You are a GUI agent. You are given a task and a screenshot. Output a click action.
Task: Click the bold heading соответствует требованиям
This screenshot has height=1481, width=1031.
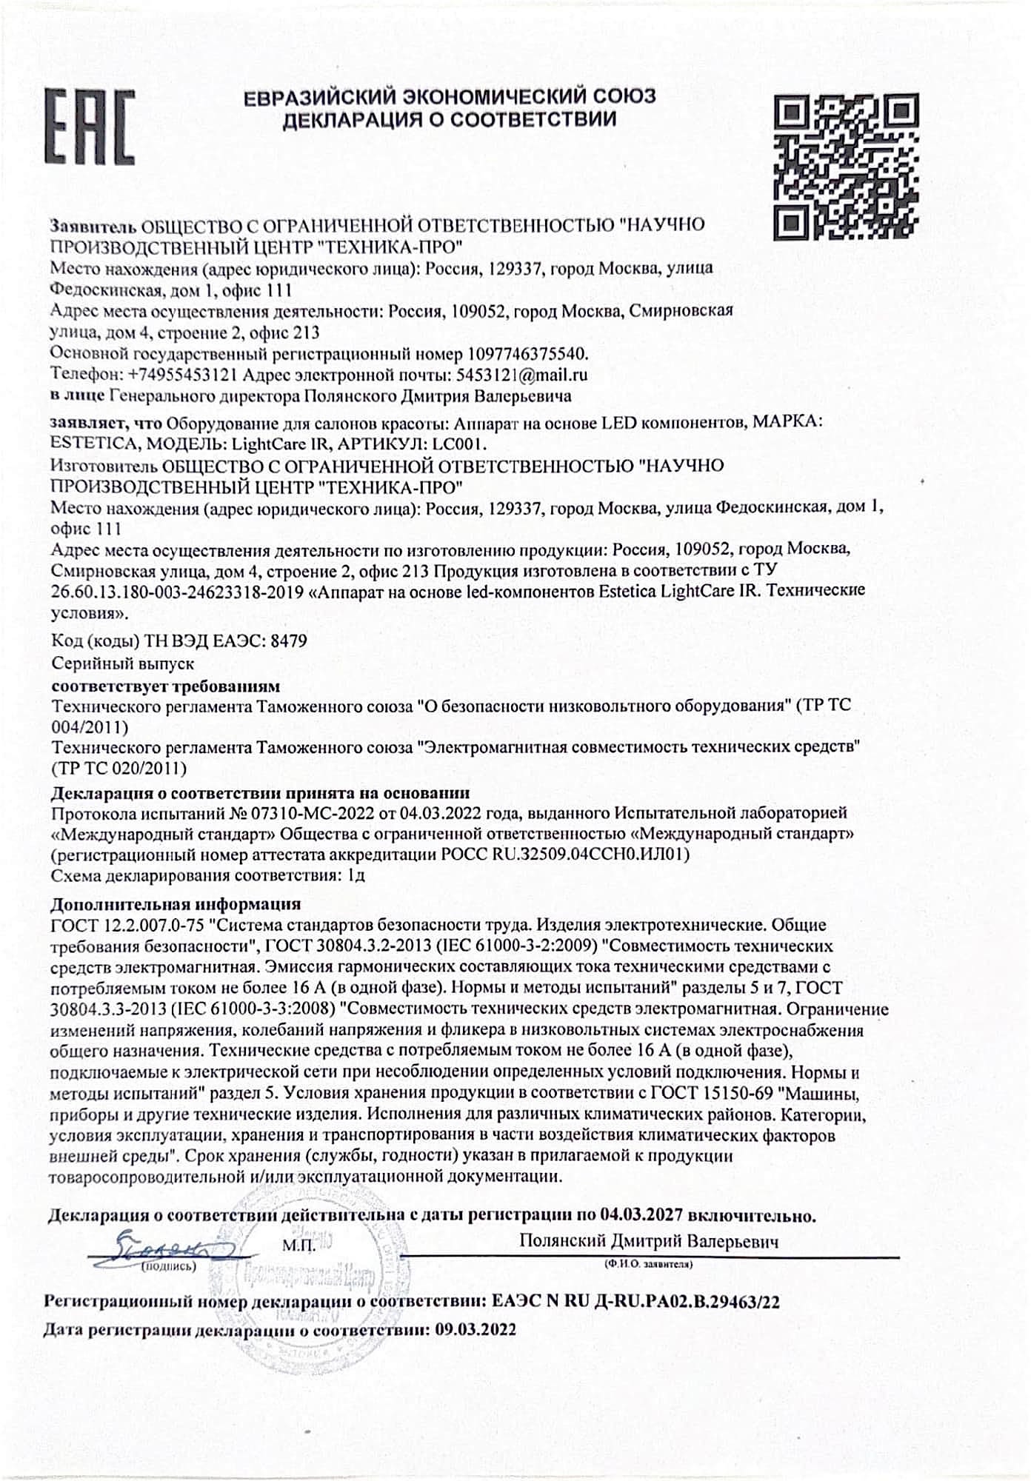(x=165, y=685)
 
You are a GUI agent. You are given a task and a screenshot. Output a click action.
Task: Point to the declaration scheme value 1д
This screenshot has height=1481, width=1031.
(x=356, y=875)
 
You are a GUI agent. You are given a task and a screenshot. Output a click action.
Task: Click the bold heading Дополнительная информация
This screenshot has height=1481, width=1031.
(x=176, y=904)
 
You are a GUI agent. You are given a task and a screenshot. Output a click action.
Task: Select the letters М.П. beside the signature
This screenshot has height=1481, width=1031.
(x=299, y=1246)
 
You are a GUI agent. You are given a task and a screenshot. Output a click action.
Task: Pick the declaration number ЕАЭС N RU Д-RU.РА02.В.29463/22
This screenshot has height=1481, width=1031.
(x=635, y=1302)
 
